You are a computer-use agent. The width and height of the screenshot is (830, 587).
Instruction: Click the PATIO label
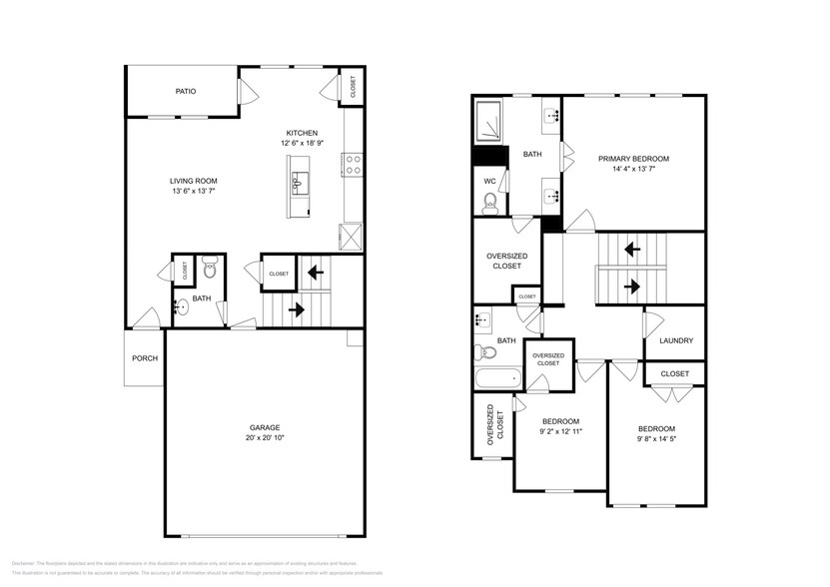[185, 91]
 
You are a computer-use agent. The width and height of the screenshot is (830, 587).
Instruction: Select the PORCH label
[145, 357]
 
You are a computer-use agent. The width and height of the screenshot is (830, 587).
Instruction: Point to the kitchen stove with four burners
[353, 164]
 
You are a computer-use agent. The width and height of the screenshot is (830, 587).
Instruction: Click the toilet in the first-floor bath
[210, 268]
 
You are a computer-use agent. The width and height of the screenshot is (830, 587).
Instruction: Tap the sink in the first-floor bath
[180, 307]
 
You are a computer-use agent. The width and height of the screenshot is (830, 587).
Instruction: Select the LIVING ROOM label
[193, 181]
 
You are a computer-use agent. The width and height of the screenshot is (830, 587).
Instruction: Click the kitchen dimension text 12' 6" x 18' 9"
[302, 144]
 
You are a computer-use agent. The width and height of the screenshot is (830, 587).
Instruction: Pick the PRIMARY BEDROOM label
[633, 159]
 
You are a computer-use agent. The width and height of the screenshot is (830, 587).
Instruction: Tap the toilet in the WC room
[489, 204]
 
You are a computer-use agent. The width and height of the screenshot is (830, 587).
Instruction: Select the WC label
[489, 181]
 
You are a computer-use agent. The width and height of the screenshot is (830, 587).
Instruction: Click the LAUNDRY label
[676, 340]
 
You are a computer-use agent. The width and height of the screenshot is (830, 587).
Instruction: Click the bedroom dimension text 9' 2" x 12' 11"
[560, 432]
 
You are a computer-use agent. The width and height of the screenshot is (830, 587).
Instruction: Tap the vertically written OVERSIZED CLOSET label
[492, 424]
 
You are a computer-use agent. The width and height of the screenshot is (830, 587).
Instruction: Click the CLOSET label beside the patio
[353, 87]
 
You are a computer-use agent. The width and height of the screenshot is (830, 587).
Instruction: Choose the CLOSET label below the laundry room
[675, 373]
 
